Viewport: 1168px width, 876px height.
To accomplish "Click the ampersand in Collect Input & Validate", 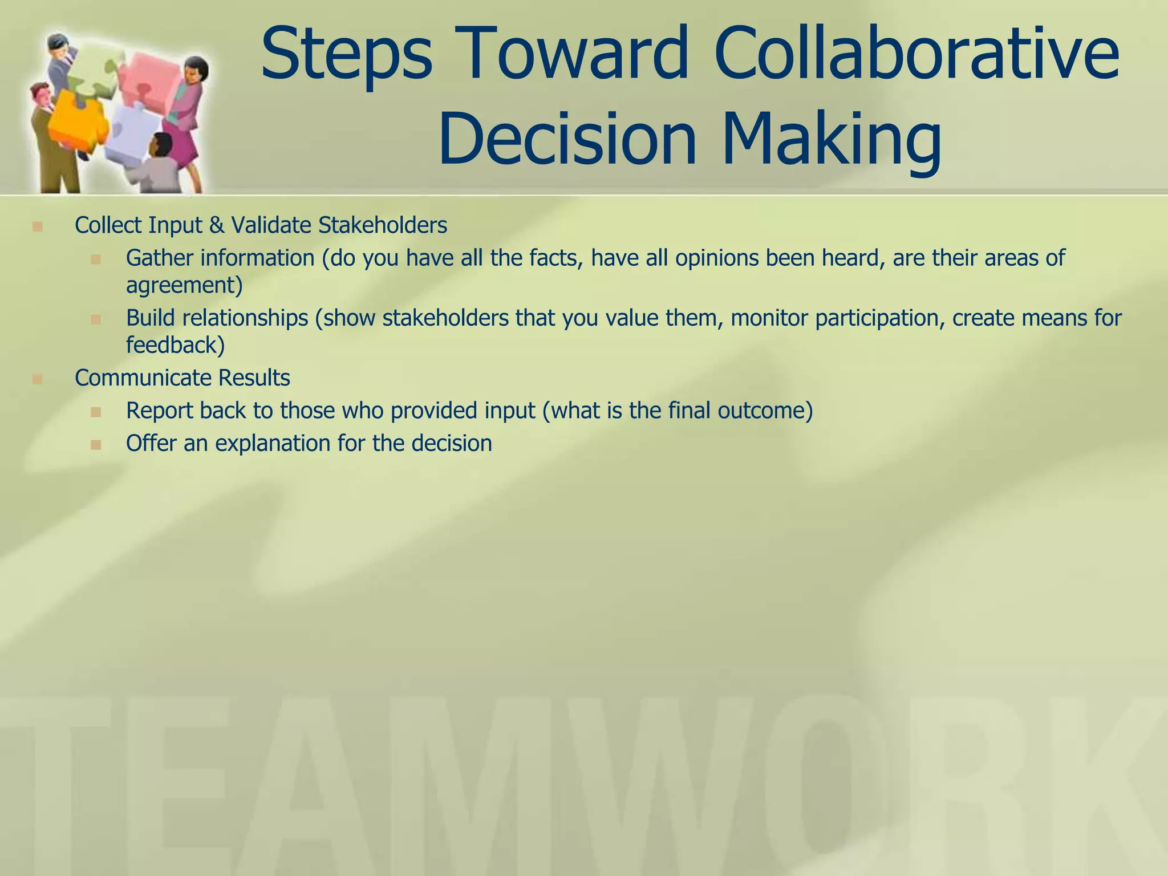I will click(x=216, y=225).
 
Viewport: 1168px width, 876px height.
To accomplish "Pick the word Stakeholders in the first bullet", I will click(x=382, y=225).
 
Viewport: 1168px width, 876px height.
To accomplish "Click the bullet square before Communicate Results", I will click(x=38, y=379).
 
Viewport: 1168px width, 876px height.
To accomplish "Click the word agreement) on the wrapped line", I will click(x=184, y=285).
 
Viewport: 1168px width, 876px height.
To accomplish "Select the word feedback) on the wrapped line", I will click(x=175, y=345).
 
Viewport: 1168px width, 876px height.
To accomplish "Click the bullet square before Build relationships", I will click(x=96, y=319).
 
